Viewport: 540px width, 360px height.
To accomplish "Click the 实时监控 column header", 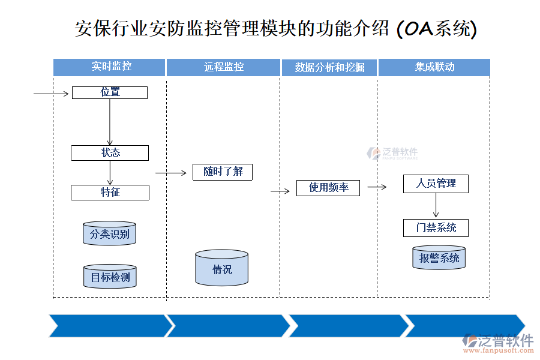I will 109,67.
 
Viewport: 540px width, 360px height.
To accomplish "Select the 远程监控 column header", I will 223,67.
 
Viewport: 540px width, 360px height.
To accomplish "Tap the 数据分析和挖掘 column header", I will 329,67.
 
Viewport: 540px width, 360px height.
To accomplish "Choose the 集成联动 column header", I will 434,67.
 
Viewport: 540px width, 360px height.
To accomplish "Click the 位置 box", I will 110,92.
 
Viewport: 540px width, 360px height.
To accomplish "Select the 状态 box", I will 110,153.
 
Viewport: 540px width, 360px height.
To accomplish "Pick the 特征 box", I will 110,193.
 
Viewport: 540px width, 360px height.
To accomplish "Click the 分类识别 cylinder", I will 110,233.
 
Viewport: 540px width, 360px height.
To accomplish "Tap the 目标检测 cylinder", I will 110,277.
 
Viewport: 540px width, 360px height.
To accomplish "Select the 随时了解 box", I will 223,172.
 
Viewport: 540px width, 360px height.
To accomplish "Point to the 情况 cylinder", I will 222,268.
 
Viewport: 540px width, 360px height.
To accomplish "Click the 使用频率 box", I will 328,188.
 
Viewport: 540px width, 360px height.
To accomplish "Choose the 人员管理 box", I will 436,184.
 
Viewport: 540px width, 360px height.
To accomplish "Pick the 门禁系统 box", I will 436,228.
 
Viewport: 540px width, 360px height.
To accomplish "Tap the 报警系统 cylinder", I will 439,258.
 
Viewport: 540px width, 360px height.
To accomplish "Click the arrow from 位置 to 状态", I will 110,122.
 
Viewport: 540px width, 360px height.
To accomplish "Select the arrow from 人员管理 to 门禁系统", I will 436,206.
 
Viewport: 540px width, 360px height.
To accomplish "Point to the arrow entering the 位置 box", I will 52,94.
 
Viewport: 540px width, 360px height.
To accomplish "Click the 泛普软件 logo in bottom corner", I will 499,341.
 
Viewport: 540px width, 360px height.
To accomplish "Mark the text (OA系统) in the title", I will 437,28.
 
